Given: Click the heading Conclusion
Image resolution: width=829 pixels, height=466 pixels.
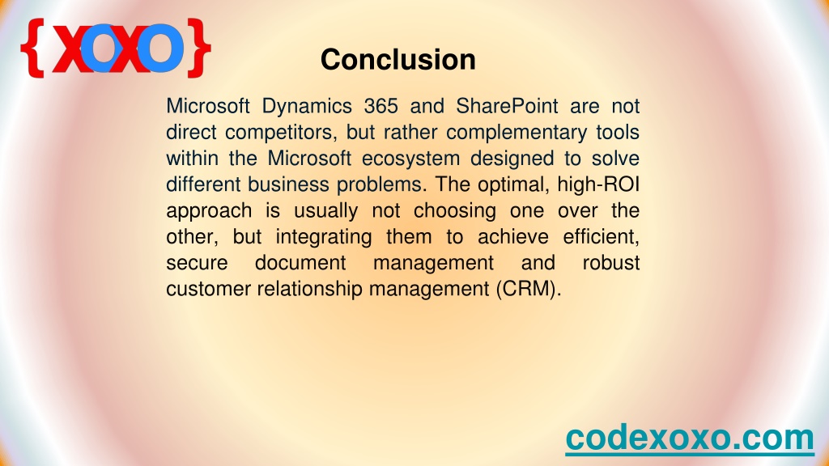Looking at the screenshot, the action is pos(398,59).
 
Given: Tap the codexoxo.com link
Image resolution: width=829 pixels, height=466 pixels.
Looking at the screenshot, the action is pos(690,438).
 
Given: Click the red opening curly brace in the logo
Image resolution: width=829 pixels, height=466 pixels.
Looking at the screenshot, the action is pos(32,48).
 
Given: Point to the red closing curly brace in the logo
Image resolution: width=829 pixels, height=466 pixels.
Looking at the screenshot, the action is pos(199,48).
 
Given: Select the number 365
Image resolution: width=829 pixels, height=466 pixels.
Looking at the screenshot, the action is pos(380,106).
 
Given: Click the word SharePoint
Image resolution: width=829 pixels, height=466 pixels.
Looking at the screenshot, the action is pos(507,106).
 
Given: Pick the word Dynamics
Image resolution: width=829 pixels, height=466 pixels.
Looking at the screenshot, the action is pos(307,107).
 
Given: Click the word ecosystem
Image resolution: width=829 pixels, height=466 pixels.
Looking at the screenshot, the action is pos(410,159).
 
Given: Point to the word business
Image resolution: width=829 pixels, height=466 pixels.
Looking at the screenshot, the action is pos(288,184).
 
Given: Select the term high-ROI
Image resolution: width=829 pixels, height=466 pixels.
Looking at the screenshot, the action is pos(598,185).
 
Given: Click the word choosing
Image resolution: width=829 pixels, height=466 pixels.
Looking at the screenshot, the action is pos(455,211).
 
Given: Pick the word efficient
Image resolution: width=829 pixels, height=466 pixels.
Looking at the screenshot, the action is pos(602,237).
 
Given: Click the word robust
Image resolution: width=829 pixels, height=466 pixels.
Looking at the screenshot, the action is pos(611,263).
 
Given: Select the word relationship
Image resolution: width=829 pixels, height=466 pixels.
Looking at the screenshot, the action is pos(310,289).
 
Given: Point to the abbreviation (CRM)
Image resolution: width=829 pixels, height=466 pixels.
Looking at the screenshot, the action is pos(529,289).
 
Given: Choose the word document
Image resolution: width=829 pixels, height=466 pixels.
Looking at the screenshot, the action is pos(300,263).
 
